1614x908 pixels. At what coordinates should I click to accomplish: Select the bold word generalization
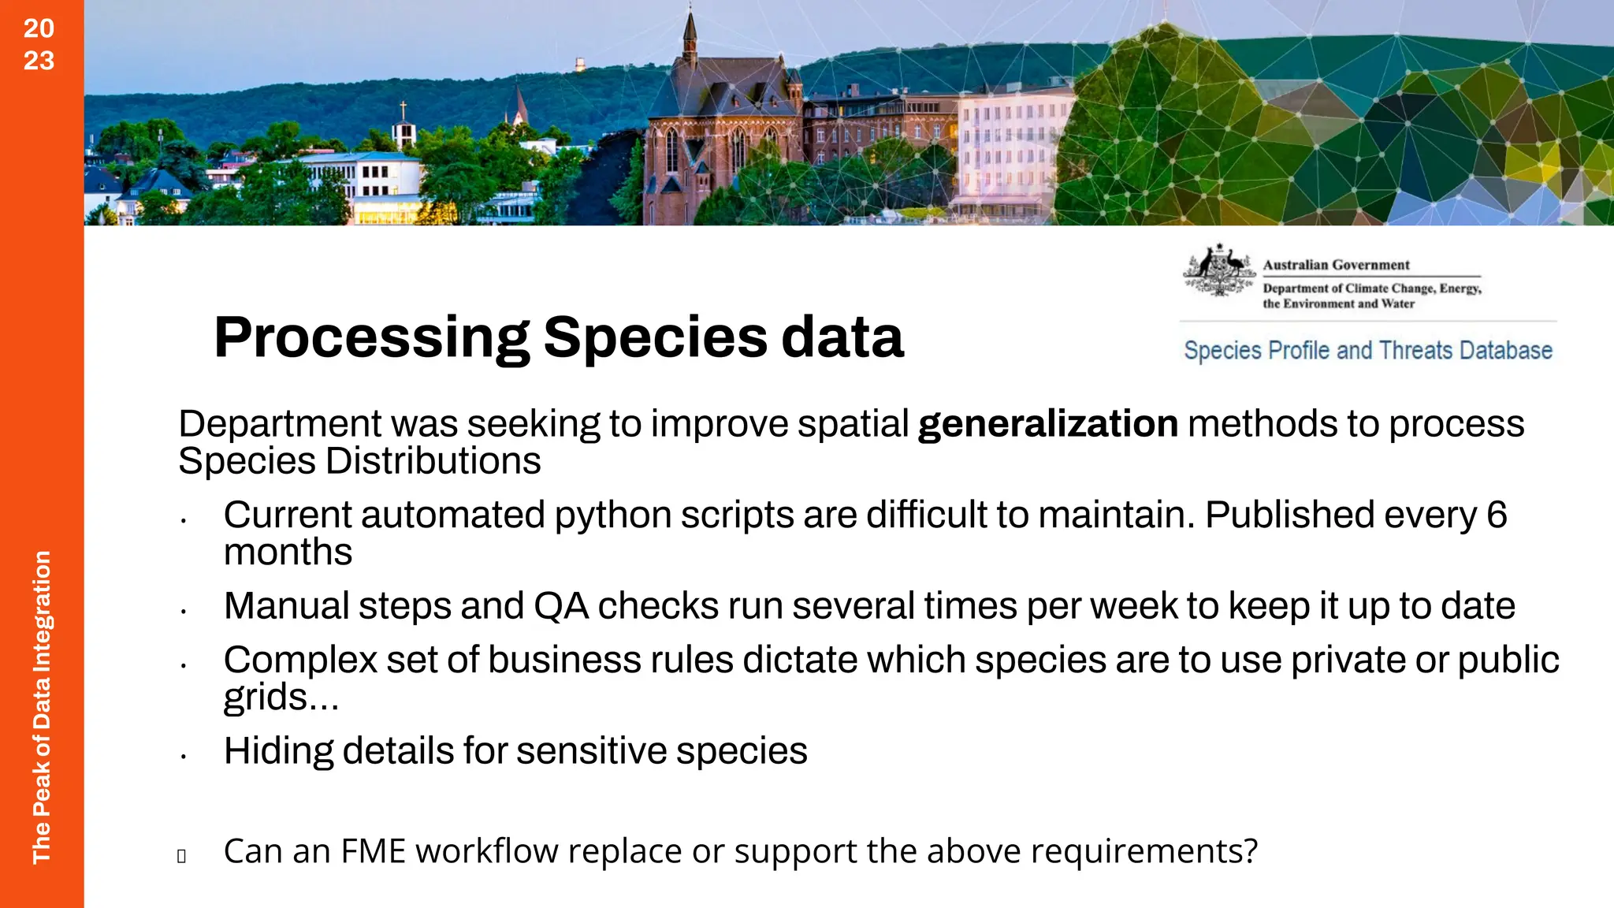[x=1048, y=424]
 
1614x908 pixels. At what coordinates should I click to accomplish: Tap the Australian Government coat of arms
[x=1218, y=270]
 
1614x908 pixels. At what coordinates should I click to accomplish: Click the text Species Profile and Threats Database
[x=1368, y=350]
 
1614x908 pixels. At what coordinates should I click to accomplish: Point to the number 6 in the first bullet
[x=1497, y=515]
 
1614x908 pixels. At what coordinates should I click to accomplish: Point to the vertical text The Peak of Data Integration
[x=41, y=707]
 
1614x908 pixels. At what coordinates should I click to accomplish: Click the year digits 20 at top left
[x=39, y=28]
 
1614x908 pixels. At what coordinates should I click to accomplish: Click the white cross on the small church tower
[x=403, y=110]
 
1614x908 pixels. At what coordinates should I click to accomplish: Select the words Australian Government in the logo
[x=1336, y=265]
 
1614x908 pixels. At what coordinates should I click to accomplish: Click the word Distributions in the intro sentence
[x=433, y=461]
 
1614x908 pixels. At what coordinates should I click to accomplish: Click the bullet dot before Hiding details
[x=183, y=757]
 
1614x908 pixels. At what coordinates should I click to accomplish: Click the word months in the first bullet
[x=288, y=552]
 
